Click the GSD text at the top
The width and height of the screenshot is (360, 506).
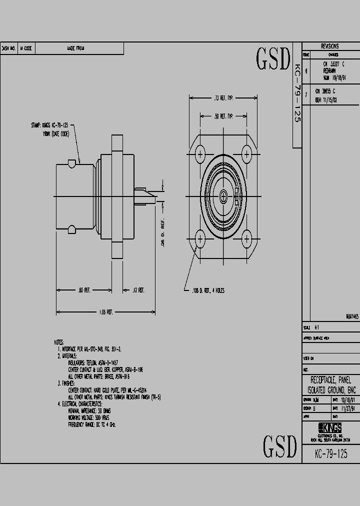[273, 59]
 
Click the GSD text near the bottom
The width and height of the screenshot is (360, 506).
[280, 445]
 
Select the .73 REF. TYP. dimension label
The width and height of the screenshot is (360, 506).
[223, 99]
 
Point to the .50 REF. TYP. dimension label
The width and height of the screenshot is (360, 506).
[223, 116]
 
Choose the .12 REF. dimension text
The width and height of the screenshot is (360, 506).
[137, 290]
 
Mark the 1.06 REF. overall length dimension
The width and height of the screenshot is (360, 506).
[105, 311]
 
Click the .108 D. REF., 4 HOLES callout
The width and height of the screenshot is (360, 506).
[208, 290]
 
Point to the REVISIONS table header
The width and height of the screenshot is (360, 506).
[330, 45]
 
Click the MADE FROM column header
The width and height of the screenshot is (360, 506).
[75, 48]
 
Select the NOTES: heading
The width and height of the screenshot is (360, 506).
[59, 342]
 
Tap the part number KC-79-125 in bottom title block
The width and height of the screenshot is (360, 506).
[330, 454]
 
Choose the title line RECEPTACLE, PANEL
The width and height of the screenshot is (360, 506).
[330, 380]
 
